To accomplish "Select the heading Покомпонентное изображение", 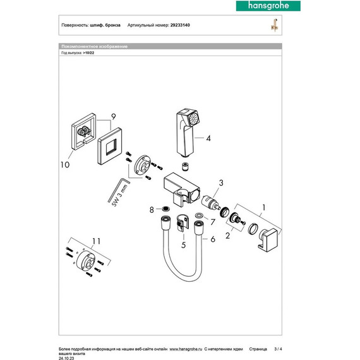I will coord(94,47).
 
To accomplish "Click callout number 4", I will coord(207,137).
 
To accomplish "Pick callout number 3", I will coord(221,183).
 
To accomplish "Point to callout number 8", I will coord(150,208).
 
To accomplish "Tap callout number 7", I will coord(213,222).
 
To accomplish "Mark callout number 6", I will coord(212,239).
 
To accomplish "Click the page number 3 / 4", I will coord(280,349).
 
